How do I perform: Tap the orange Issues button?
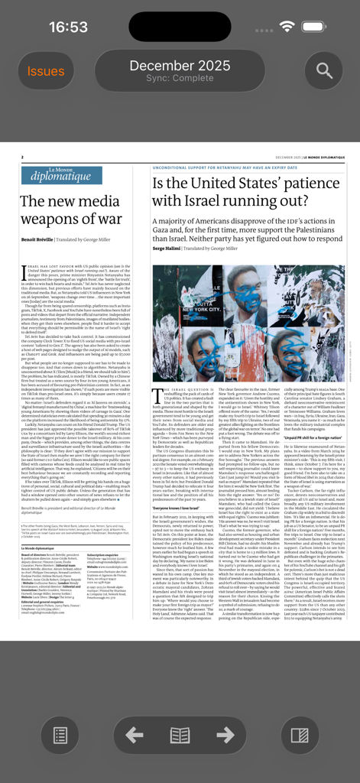coord(46,71)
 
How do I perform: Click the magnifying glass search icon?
coord(324,71)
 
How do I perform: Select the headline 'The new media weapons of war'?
coord(70,209)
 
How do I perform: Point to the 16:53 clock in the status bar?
coord(68,27)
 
